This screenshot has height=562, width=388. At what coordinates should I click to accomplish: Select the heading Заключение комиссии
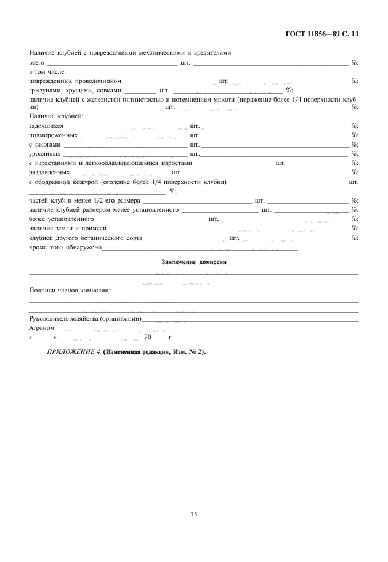(193, 262)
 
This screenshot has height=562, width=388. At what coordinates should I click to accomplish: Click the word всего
(37, 62)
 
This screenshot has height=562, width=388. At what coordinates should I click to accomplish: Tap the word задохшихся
(46, 126)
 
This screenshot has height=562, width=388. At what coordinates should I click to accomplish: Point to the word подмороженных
(53, 135)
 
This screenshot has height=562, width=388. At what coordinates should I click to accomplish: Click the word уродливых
(45, 153)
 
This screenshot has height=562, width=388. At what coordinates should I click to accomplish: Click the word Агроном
(42, 328)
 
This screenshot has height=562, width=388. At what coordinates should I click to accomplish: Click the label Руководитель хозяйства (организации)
(86, 319)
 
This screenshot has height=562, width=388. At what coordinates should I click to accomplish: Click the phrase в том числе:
(47, 71)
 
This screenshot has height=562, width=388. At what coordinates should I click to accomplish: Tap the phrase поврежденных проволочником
(76, 81)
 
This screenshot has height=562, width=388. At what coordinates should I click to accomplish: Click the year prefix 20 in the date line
(147, 337)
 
